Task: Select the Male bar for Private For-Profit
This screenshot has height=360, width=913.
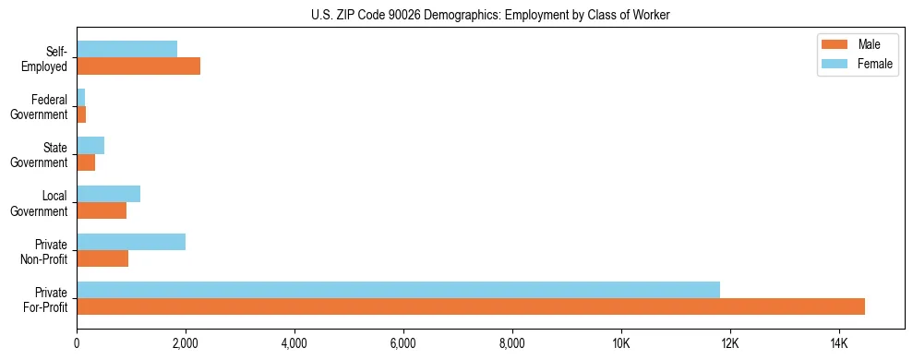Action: point(471,306)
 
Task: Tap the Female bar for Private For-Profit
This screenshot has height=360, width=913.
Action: point(398,290)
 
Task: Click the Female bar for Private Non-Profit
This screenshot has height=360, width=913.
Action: point(131,242)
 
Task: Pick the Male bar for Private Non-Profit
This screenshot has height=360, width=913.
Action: point(102,258)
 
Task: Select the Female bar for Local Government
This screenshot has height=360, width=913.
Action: point(108,194)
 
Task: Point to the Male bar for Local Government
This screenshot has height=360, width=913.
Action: point(102,210)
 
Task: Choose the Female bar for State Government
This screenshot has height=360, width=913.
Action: point(90,146)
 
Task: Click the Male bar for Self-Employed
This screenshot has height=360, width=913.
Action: point(138,66)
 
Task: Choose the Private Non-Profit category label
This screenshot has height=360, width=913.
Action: point(45,250)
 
